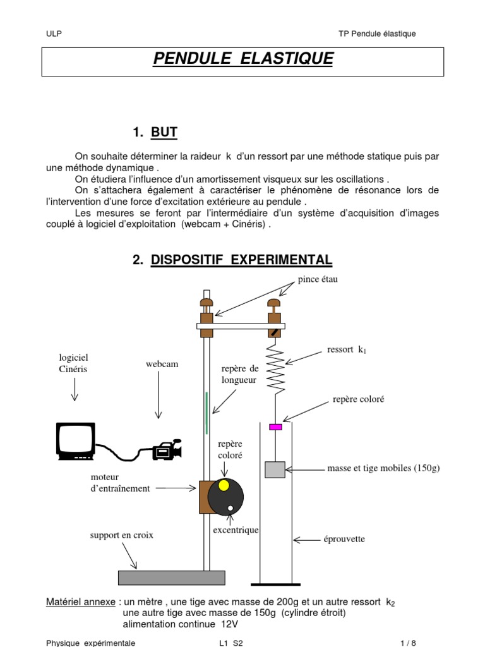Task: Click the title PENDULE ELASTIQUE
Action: (243, 59)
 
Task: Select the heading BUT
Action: (164, 132)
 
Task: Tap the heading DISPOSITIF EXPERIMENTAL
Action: (241, 260)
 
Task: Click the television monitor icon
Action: (76, 440)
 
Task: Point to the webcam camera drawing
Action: (167, 449)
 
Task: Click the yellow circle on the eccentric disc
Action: (224, 486)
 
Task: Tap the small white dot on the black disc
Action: (231, 507)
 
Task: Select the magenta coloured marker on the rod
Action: (275, 427)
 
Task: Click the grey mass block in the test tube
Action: (275, 469)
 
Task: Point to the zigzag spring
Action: (276, 369)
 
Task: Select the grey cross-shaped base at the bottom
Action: (171, 577)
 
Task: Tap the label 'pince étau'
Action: (318, 279)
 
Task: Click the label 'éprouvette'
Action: (344, 539)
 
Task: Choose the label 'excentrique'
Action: (234, 529)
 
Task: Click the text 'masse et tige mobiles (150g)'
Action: (383, 468)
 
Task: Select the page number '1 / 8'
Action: (409, 643)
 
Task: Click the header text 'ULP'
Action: (54, 34)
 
